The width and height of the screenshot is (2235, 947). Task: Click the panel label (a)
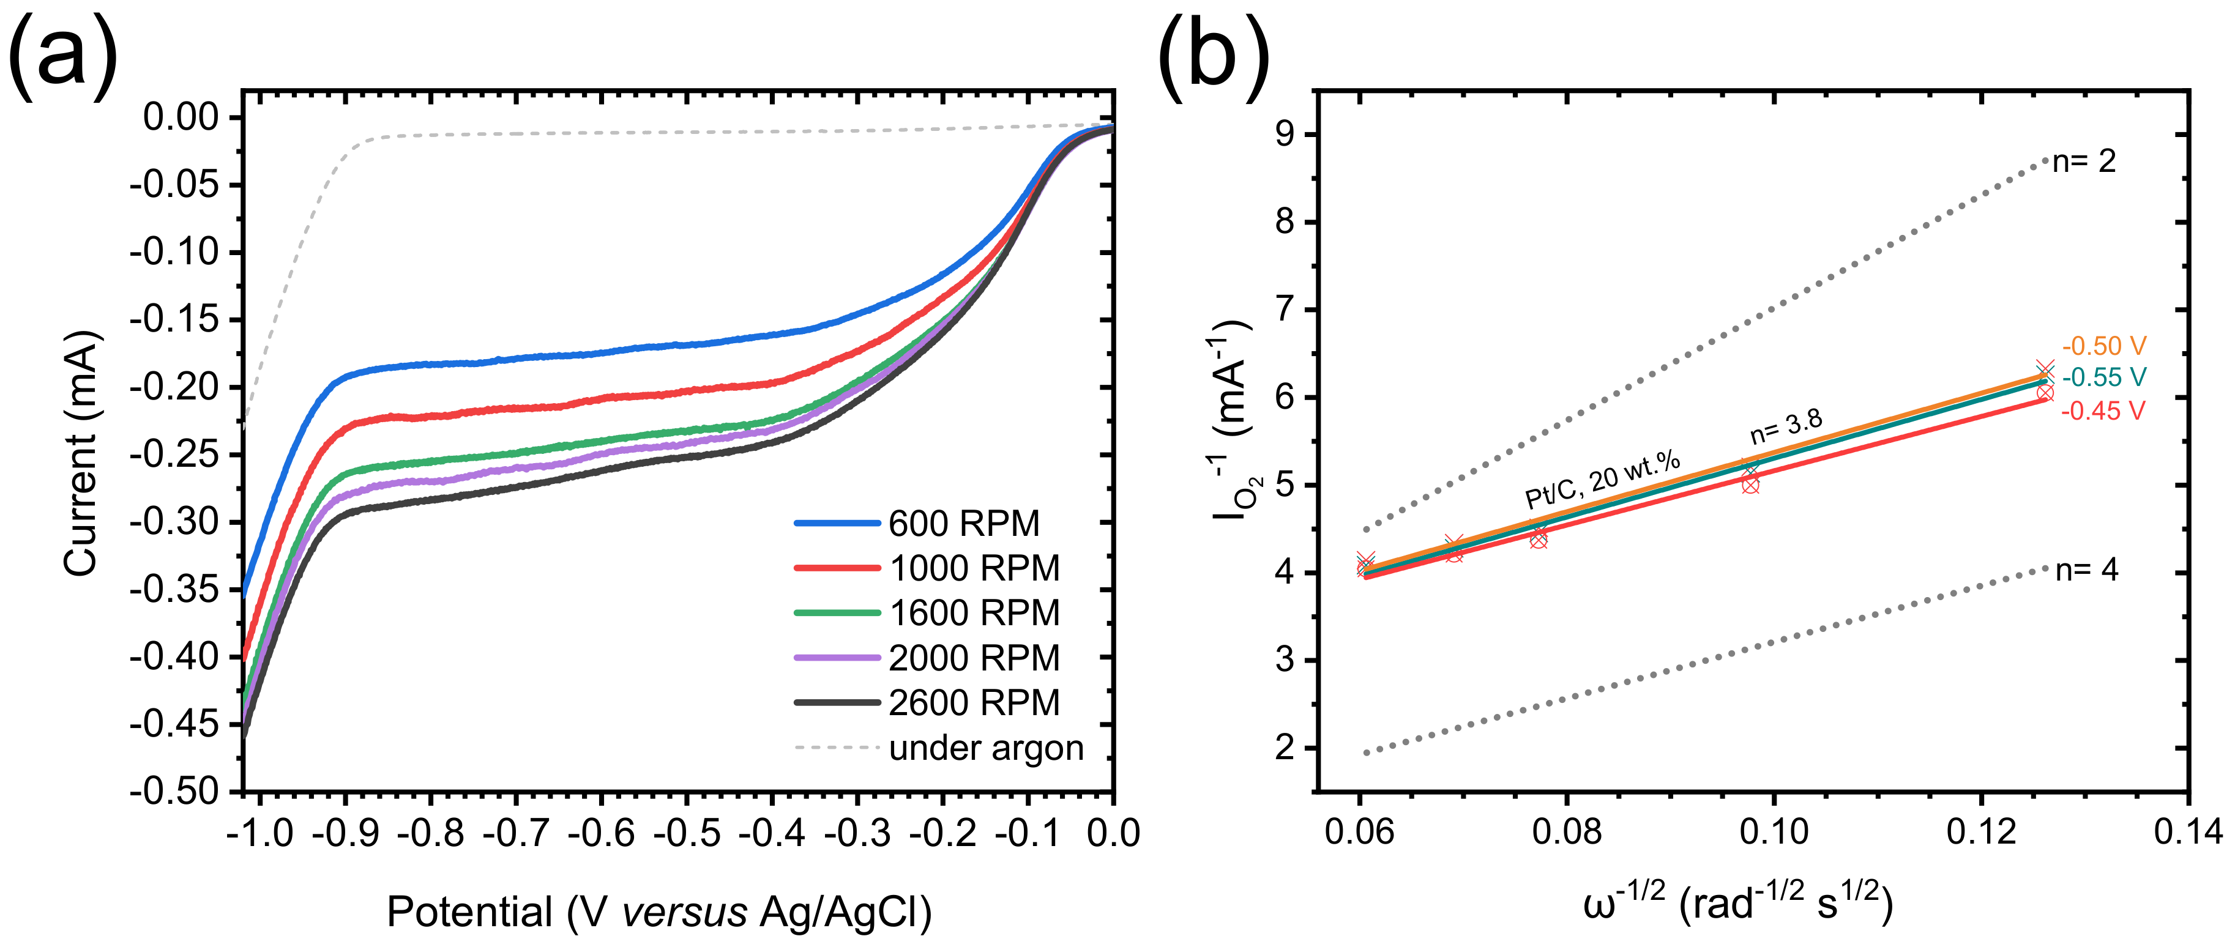coord(62,54)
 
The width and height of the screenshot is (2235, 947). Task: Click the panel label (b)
coord(1213,54)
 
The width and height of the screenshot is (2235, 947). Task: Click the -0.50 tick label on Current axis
coord(174,791)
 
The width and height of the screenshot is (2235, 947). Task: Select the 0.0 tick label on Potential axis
coord(1112,833)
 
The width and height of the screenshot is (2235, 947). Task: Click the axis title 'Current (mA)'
coord(81,453)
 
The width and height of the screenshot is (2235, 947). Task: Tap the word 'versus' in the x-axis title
coord(685,912)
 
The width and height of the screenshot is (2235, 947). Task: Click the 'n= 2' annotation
coord(2084,162)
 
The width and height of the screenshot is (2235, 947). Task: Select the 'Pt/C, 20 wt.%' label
coord(1602,480)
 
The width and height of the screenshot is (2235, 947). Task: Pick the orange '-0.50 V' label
coord(2103,346)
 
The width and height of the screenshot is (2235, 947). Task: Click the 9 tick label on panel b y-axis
coord(1285,135)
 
